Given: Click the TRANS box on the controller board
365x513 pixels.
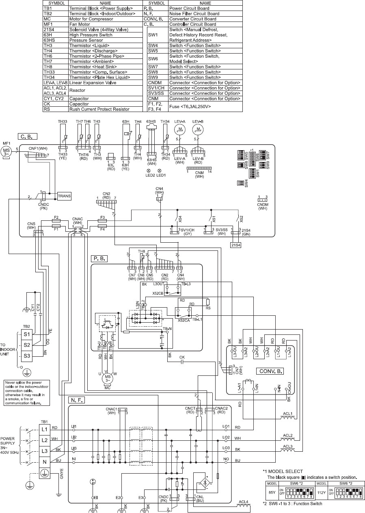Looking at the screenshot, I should point(65,196).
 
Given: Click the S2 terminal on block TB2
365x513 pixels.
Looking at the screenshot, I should point(27,345).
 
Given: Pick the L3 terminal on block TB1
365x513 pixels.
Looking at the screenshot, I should point(45,450).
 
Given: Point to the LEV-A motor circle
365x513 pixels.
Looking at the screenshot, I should point(179,129).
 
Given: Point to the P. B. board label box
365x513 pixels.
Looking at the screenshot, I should point(99,257).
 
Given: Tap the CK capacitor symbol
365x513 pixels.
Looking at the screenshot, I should point(182,363).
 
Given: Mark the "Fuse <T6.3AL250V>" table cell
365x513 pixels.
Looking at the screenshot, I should point(205,106).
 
